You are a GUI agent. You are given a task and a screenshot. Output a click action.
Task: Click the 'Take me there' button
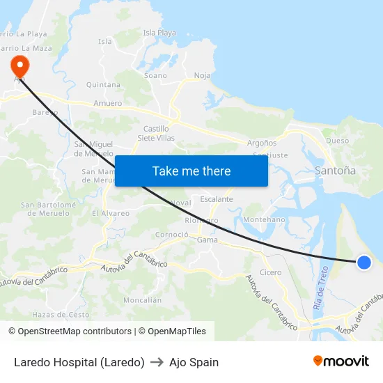[x=191, y=171]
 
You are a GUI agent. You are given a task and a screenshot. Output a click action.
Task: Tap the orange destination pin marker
[x=19, y=65]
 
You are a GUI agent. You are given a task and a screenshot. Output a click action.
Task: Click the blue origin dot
[x=364, y=262]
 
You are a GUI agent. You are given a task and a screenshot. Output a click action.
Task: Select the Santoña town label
[x=335, y=170]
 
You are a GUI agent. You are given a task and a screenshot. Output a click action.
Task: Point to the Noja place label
[x=202, y=75]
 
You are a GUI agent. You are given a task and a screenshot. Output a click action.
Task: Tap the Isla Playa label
[x=159, y=33]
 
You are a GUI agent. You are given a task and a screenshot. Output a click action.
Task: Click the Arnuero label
[x=107, y=103]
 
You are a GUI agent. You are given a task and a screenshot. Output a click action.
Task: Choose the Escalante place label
[x=217, y=199]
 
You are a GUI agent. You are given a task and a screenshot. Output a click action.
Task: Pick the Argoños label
[x=262, y=143]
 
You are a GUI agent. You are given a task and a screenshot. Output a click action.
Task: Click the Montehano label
[x=264, y=219]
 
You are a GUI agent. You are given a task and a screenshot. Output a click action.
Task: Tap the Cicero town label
[x=270, y=272]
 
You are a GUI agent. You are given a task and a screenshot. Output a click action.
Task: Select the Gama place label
[x=207, y=240]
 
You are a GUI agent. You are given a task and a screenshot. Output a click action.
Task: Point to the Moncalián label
[x=142, y=300]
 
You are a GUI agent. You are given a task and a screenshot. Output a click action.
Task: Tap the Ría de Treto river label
[x=320, y=287]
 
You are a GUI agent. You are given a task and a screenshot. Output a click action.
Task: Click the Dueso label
[x=337, y=141]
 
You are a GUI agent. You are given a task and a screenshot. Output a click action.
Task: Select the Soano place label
[x=155, y=75]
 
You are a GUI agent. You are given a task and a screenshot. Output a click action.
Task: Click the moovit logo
[x=341, y=361]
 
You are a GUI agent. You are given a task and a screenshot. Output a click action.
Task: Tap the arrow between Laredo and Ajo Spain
[x=157, y=362]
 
